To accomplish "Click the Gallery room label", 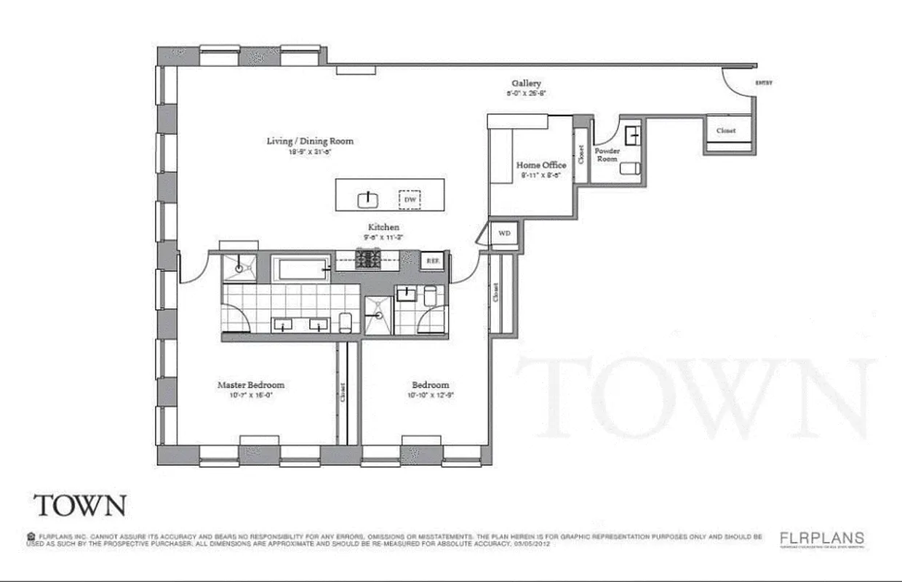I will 526,84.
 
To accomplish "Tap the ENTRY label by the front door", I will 764,83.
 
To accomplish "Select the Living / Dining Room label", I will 310,140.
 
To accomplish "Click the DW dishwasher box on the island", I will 410,198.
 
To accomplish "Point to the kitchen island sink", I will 369,199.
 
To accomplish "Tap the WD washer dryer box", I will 503,234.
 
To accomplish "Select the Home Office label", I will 541,165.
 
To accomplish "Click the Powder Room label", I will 607,154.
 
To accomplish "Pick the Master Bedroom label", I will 251,385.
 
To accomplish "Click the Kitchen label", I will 383,228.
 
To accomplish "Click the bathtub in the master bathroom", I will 301,270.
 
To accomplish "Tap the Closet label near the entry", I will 726,131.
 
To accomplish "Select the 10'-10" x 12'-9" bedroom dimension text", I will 431,396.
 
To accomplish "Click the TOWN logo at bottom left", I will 79,505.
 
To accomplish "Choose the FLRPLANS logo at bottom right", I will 822,538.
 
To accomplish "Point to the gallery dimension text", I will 526,94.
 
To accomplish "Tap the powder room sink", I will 631,134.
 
